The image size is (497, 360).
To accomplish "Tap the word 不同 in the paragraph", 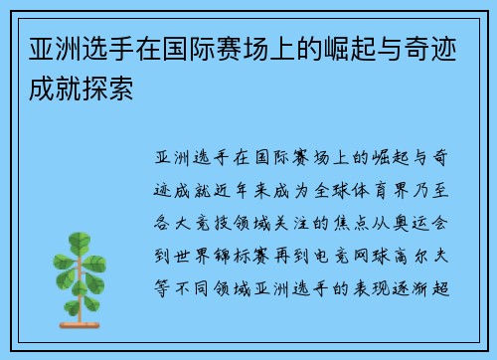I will [x=193, y=266].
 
